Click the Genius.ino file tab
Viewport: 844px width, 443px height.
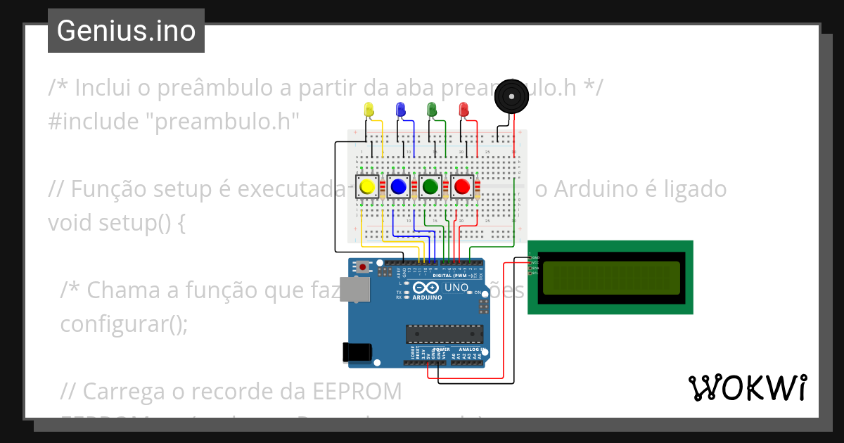[126, 31]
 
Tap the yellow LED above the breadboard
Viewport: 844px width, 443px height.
[368, 110]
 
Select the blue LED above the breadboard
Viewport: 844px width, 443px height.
[400, 110]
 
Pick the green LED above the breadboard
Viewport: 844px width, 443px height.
[431, 110]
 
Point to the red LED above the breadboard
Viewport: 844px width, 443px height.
[463, 110]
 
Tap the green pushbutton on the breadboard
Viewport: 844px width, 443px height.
[430, 187]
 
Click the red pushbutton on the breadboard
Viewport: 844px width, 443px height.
[461, 187]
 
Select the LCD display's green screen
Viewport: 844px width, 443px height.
[610, 277]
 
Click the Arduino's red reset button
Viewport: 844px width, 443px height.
[363, 267]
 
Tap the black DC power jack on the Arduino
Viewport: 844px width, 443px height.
[355, 352]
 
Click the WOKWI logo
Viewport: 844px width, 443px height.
[747, 388]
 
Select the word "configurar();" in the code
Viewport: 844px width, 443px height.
[124, 325]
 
